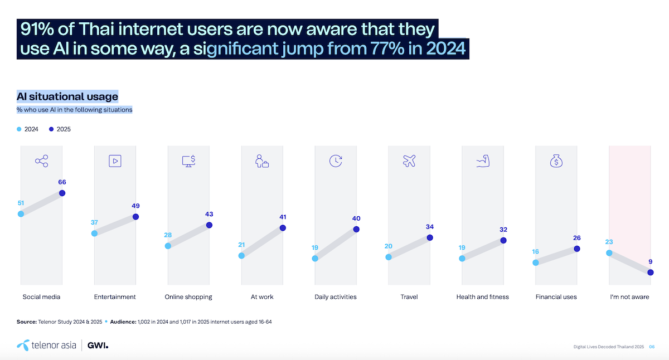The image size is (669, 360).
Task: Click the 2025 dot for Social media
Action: [x=62, y=193]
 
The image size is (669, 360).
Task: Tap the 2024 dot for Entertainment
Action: [x=94, y=233]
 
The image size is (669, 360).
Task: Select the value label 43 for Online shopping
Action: [x=209, y=214]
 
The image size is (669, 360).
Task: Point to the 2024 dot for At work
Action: [x=241, y=256]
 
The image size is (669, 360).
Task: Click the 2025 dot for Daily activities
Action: [x=356, y=229]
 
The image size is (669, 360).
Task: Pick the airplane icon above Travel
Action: [x=409, y=161]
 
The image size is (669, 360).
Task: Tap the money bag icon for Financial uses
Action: [x=556, y=161]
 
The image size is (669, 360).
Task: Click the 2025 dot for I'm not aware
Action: [x=651, y=272]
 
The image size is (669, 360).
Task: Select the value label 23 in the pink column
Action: [x=609, y=242]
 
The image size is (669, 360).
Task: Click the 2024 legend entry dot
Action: [x=19, y=129]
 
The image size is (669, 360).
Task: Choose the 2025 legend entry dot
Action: [x=51, y=129]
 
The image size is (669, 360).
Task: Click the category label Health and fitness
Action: [x=482, y=297]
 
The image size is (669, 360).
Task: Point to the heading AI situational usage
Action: [x=67, y=96]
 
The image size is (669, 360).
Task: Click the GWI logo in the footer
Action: [x=99, y=346]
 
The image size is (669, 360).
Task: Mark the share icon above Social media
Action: [x=41, y=161]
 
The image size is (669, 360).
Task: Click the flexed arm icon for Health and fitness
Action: [x=483, y=161]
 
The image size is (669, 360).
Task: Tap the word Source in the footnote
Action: [x=27, y=322]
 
